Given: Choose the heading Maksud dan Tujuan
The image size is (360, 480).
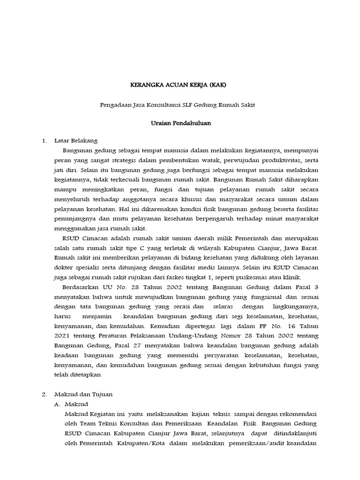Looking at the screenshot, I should point(83,395).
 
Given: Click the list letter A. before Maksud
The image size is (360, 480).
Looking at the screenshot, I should point(58,404).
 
